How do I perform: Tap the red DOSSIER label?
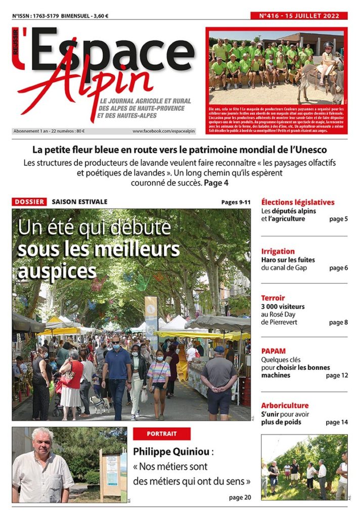(29, 202)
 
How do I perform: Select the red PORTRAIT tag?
(162, 434)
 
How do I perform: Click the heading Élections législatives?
(298, 202)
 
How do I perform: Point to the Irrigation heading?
(278, 251)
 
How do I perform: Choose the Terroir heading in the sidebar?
(273, 298)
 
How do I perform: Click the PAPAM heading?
(274, 351)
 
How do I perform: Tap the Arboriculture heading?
(285, 406)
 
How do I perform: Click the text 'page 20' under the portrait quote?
(240, 497)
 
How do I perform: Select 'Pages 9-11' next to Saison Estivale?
(236, 202)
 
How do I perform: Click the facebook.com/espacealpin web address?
(164, 131)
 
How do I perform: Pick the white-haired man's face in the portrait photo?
(42, 441)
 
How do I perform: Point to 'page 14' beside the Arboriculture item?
(337, 422)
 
